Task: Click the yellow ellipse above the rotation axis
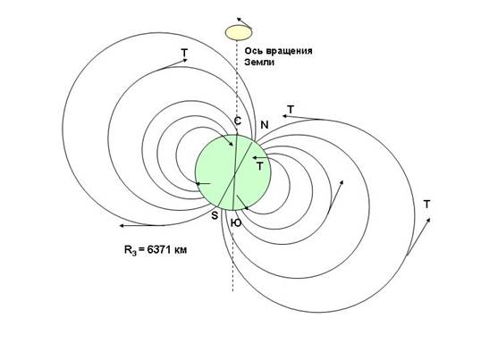pos(239,33)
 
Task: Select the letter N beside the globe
pos(265,125)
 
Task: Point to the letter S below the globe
pos(215,215)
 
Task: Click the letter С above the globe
pos(238,121)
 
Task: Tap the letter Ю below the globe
pos(236,223)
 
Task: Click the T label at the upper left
pos(184,53)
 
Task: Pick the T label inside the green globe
pos(260,167)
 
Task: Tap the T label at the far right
pos(426,204)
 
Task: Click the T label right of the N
pos(291,109)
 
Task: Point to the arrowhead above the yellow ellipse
pos(239,20)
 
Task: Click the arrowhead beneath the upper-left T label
pos(185,60)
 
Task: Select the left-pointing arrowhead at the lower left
pos(122,226)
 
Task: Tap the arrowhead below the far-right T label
pos(428,220)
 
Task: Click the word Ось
pos(253,51)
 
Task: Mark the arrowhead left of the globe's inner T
pos(254,157)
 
